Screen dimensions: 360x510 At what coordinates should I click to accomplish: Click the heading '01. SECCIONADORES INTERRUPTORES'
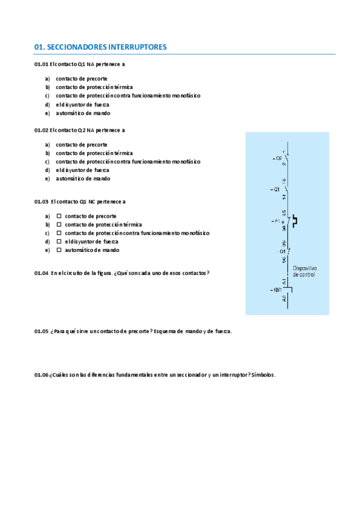click(x=100, y=46)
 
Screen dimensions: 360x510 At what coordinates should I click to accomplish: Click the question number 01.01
click(x=41, y=64)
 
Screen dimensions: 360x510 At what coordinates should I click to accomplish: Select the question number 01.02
click(x=41, y=130)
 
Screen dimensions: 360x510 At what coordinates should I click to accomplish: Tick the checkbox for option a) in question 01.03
click(x=59, y=216)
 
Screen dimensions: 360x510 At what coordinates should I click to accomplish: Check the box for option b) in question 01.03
click(x=59, y=224)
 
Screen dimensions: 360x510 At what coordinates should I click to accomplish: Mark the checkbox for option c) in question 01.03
click(x=59, y=233)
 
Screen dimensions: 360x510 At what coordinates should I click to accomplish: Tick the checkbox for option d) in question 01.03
click(x=59, y=241)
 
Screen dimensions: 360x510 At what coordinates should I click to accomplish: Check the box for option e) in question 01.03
click(x=59, y=250)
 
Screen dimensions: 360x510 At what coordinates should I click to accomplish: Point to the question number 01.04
click(x=41, y=273)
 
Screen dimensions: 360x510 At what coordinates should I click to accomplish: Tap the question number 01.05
click(x=41, y=331)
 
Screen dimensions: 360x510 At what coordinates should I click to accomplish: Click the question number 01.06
click(x=41, y=375)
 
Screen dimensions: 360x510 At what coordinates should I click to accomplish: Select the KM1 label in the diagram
click(x=276, y=290)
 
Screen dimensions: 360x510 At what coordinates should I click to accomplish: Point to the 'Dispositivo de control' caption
click(x=304, y=271)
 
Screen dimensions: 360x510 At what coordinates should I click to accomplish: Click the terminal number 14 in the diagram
click(x=284, y=196)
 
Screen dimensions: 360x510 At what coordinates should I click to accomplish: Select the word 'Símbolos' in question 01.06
click(x=263, y=375)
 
